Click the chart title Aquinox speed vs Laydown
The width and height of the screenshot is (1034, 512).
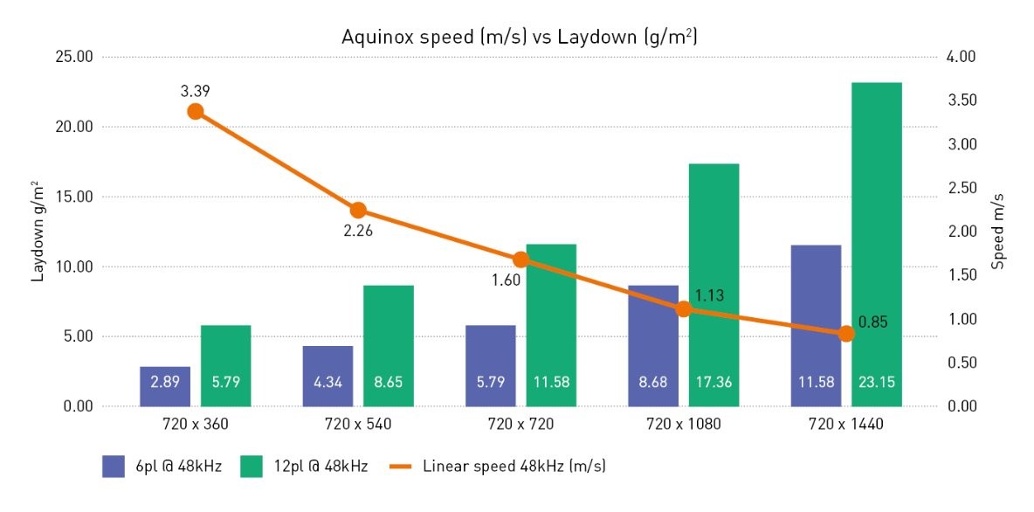516,38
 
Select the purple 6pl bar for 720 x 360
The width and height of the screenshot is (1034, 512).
165,386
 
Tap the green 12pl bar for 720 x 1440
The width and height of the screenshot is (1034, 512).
877,245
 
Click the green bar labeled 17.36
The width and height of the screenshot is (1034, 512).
713,285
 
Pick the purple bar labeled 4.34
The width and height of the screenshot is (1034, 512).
327,376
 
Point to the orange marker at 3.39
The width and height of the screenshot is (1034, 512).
196,111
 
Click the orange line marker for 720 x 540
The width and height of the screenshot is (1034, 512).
358,211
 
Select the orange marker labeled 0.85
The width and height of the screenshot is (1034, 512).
845,334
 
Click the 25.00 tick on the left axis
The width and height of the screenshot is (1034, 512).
73,58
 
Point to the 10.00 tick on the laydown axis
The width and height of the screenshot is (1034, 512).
73,266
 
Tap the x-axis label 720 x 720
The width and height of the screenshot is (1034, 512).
520,426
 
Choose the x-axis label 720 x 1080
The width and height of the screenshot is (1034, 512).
684,426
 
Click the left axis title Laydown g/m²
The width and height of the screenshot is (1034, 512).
38,232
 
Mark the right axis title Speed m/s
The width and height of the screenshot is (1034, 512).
999,232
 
